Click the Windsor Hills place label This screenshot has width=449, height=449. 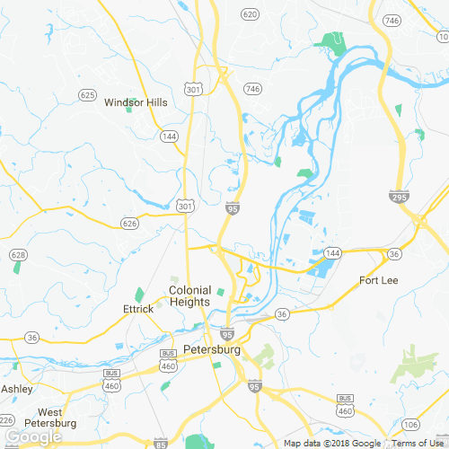136,102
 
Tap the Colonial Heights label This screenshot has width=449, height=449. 189,296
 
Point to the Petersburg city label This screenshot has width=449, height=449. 212,349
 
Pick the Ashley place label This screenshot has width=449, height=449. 16,389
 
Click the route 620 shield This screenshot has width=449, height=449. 250,14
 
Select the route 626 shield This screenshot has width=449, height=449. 129,222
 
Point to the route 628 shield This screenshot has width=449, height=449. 18,256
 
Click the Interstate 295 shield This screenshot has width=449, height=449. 399,196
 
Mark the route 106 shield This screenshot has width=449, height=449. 411,424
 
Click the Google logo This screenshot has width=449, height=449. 31,437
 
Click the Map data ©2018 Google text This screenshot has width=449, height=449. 332,444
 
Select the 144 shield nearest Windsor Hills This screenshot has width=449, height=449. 169,136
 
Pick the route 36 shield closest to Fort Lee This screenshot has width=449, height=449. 393,255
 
